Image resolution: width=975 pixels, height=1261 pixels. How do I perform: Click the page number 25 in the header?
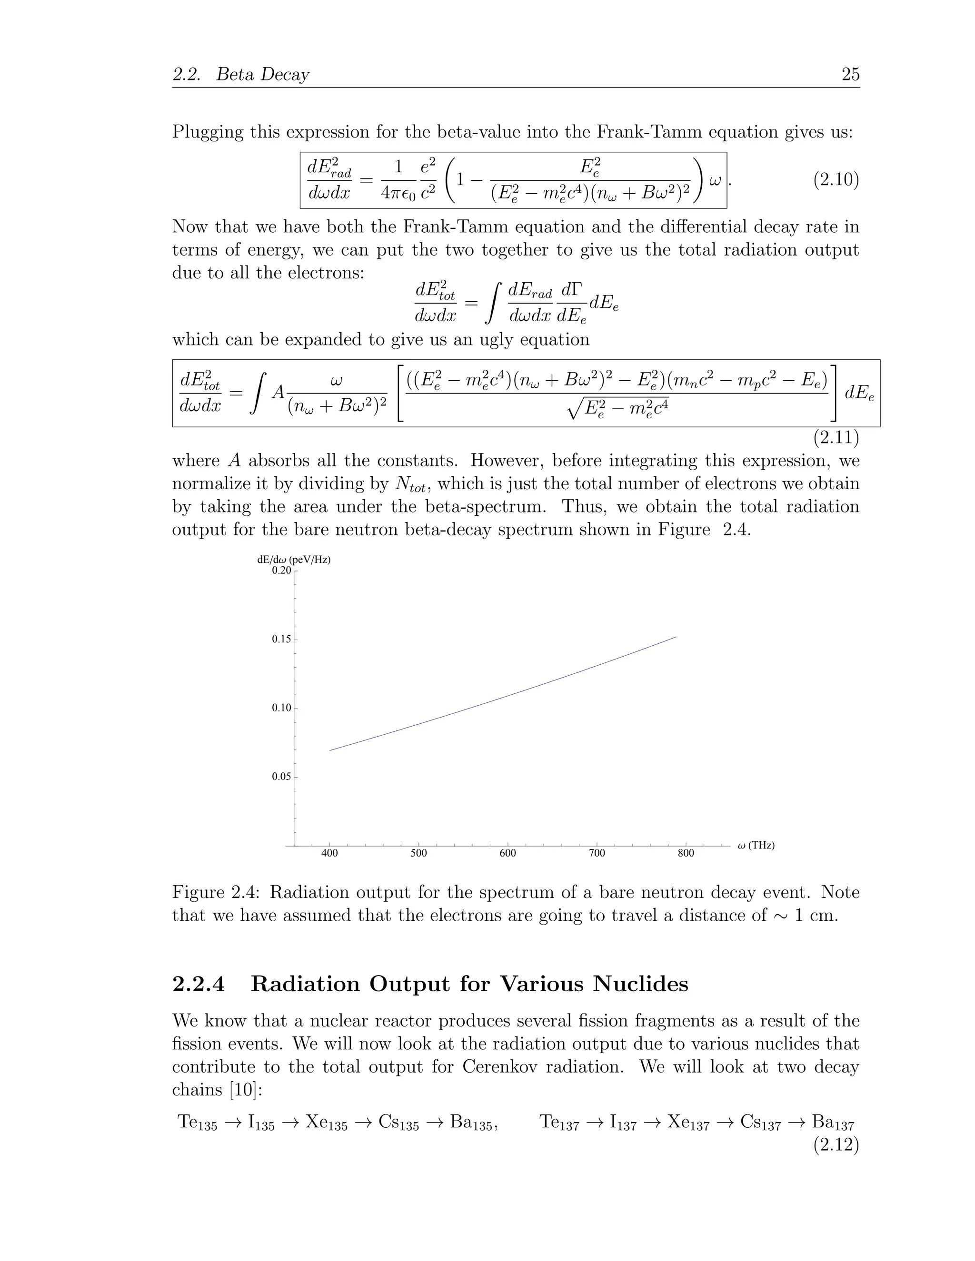tap(850, 75)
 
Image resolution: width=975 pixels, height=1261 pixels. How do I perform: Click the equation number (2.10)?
tap(836, 180)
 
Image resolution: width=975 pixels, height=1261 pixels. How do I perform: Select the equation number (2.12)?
tap(836, 1144)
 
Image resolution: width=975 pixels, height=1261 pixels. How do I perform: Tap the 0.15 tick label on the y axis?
tap(281, 639)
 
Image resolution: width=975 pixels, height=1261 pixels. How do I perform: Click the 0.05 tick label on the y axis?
tap(281, 777)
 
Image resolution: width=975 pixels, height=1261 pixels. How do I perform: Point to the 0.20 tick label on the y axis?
tap(281, 571)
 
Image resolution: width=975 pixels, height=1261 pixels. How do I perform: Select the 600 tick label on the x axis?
tap(507, 853)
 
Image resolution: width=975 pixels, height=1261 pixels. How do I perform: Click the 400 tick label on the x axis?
tap(329, 853)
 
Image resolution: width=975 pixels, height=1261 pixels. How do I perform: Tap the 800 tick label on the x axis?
tap(686, 853)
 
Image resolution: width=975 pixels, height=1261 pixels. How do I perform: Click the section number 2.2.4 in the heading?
tap(198, 984)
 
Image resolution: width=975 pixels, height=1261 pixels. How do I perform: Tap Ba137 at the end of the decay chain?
tap(832, 1123)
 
